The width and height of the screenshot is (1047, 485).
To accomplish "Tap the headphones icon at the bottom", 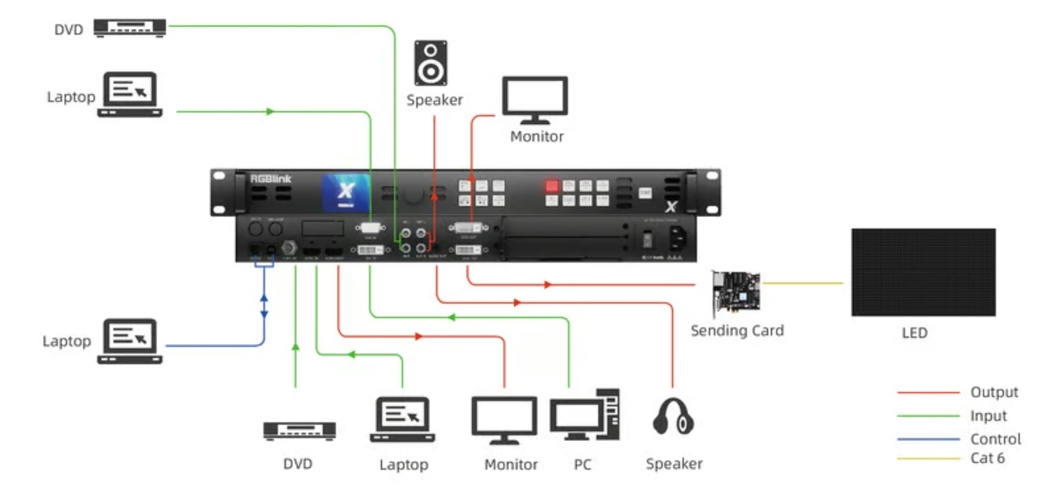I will click(x=674, y=415).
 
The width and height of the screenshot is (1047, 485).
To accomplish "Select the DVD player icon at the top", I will click(x=131, y=27).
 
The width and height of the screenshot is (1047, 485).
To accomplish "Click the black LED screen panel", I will click(x=922, y=272).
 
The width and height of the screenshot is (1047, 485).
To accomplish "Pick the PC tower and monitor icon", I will click(x=585, y=416).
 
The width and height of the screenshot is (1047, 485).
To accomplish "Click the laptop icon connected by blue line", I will click(x=130, y=337).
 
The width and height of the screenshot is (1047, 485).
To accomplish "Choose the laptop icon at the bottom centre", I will click(x=404, y=419).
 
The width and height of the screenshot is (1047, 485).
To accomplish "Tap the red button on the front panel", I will click(x=552, y=185).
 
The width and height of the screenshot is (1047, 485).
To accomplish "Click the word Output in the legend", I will click(x=994, y=393).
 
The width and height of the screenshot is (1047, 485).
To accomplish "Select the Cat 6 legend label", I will click(x=987, y=458).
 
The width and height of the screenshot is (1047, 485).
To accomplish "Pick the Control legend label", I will click(x=995, y=438).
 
